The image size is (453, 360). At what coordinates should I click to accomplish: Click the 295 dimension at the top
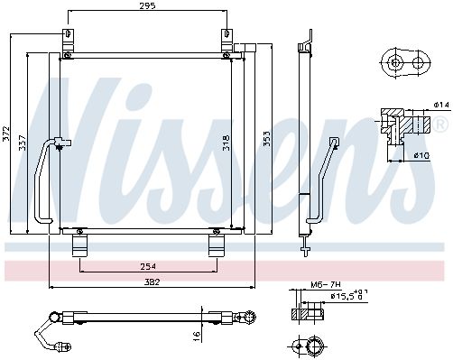coord(147,5)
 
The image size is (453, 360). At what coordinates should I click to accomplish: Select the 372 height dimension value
coord(6,134)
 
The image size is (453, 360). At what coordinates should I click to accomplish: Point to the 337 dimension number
coord(23,143)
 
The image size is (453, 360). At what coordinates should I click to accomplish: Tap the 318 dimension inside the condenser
coord(226,143)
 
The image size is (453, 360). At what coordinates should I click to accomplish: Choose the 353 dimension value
coord(266,139)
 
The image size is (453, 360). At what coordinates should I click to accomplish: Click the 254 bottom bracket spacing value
coord(148,266)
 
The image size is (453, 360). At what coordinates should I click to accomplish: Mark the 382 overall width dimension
coord(152,282)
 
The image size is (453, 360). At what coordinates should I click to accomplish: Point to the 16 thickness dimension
coord(196,336)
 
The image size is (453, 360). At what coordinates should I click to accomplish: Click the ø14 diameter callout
coord(441,105)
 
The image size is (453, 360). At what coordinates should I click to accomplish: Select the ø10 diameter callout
coord(421,155)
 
